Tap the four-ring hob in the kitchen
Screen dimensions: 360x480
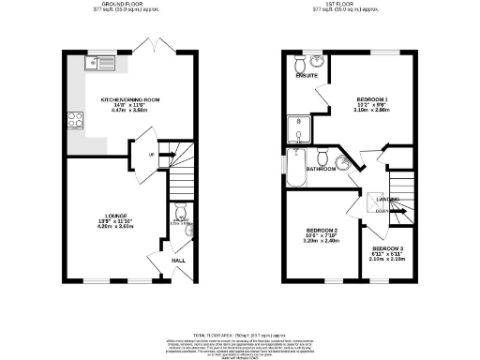point(73,120)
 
